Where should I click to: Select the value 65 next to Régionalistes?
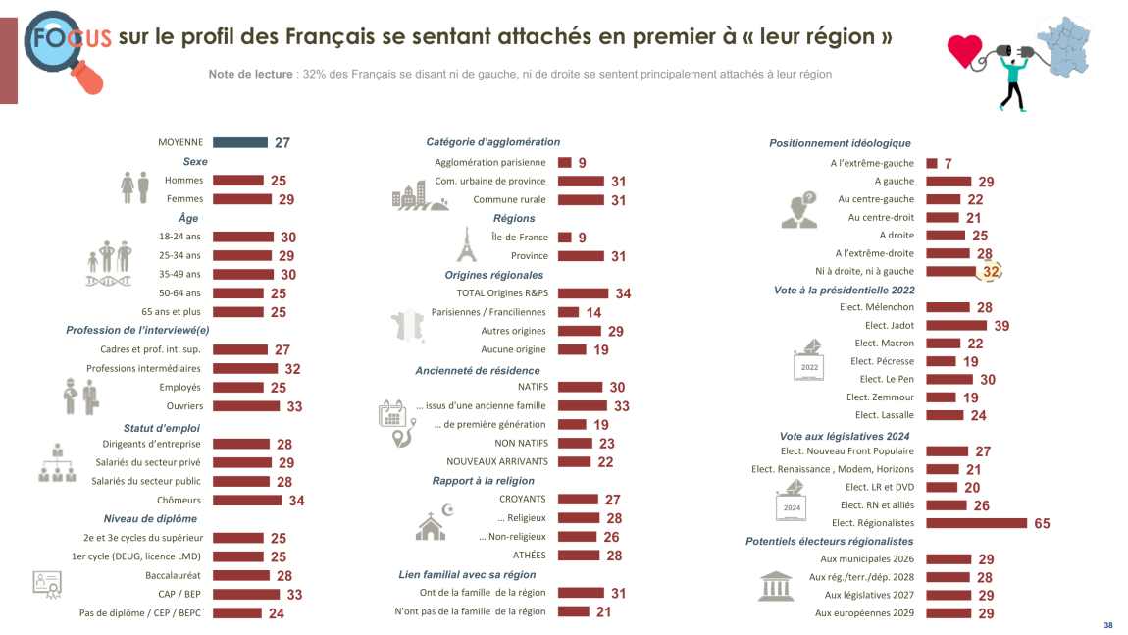(1042, 524)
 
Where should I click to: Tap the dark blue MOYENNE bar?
(240, 142)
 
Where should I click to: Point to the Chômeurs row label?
(179, 500)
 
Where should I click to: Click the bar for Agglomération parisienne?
(565, 163)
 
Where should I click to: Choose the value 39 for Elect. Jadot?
(1002, 326)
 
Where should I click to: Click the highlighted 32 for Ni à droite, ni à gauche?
(991, 272)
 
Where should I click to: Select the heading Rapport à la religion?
(484, 481)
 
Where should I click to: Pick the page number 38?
(1108, 625)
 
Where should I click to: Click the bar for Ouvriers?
(245, 406)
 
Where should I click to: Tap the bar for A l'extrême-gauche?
(932, 163)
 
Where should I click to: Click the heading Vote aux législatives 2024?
(845, 436)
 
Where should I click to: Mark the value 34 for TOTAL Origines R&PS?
(623, 294)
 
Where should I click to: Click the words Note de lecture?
(250, 75)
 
